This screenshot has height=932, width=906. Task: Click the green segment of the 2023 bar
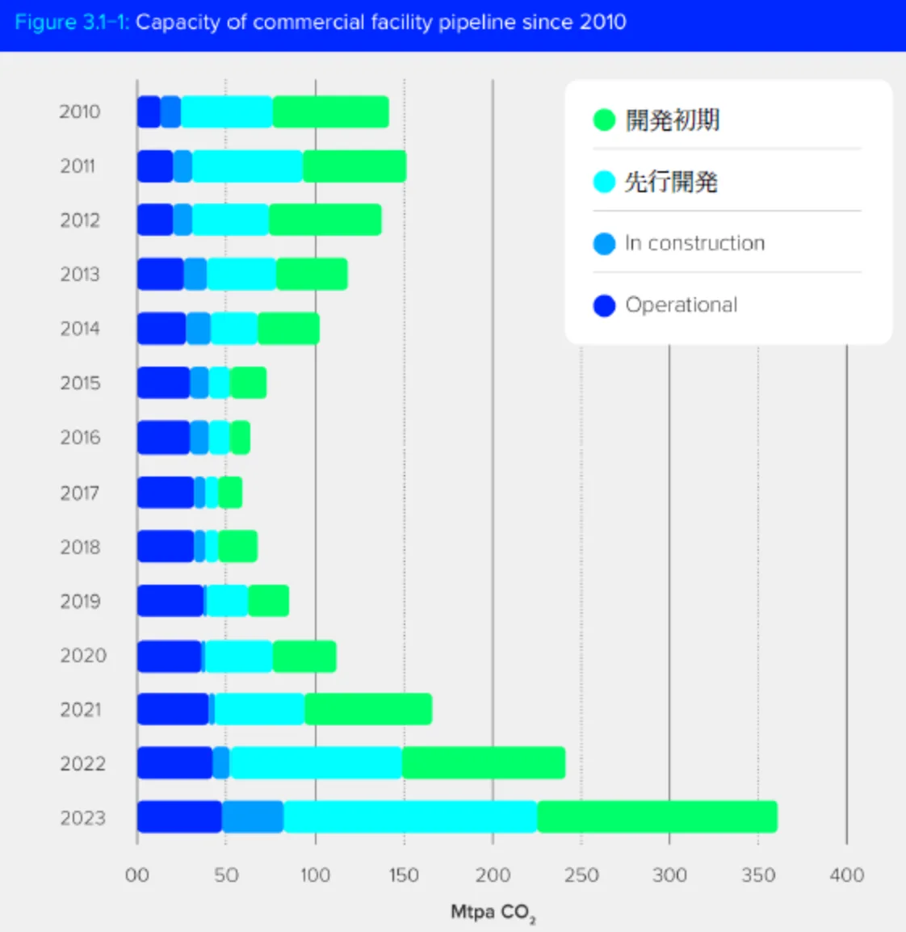coord(656,817)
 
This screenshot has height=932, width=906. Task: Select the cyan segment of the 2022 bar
coord(316,763)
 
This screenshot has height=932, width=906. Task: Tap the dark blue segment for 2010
coord(149,111)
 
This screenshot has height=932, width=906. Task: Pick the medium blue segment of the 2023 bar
coord(253,817)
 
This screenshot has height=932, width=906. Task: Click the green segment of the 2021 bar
coord(368,709)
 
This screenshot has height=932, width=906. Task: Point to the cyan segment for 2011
coord(247,166)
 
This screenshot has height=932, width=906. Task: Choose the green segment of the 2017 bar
coord(230,493)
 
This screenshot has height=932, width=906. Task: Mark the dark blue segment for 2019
coord(170,601)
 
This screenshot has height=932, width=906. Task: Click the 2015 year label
coord(80,383)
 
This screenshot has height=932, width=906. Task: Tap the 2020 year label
coord(82,655)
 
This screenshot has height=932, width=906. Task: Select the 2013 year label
coord(80,275)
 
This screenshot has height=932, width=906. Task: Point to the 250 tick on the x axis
coord(581,875)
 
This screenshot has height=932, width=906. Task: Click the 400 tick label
coord(846,875)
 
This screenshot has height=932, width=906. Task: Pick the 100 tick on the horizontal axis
coord(315,875)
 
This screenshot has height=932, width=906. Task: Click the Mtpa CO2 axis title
coord(493,913)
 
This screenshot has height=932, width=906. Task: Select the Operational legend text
coord(682,305)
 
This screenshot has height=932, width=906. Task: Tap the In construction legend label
coord(694,243)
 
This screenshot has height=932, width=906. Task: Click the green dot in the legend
coord(604,120)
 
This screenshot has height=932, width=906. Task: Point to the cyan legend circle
coord(604,182)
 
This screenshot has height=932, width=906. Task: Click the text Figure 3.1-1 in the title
coord(72,22)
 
